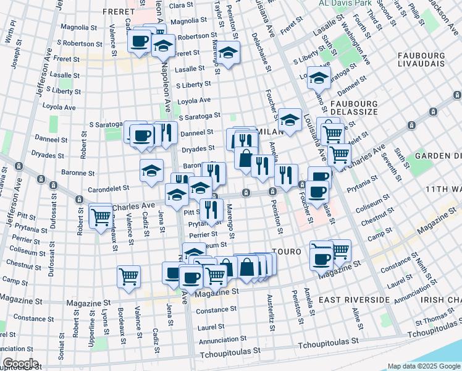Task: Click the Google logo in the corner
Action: coord(20,364)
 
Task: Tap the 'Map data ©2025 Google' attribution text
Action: coord(424,366)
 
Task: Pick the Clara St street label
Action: coord(181,5)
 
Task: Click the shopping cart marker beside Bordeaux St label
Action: coord(101,216)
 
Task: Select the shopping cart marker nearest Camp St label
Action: coord(128,278)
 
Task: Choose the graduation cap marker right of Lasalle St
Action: coord(319,79)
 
